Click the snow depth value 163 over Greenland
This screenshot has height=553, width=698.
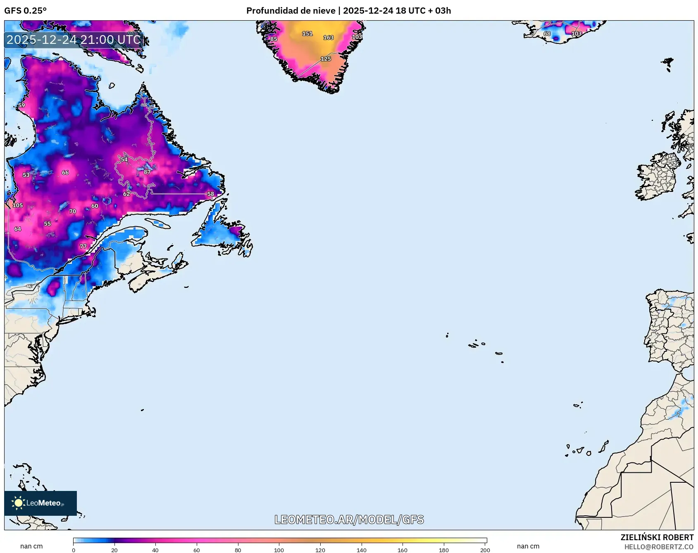tap(328, 38)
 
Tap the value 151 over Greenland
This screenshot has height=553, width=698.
tap(307, 34)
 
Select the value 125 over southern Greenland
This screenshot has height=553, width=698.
tap(326, 59)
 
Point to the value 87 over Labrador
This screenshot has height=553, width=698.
tap(147, 172)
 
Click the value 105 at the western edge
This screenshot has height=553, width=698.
tap(18, 205)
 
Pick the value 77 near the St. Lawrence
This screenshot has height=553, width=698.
tap(83, 246)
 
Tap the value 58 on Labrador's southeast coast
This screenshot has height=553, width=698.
tap(211, 194)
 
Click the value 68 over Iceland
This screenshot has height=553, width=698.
tap(547, 34)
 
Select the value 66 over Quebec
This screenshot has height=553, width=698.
tap(65, 172)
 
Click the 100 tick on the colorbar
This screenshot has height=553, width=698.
tap(279, 550)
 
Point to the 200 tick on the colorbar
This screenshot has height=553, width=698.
tap(485, 550)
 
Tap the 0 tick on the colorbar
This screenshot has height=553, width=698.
tap(74, 550)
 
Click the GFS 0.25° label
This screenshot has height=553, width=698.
tap(26, 11)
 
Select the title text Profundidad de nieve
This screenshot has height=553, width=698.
tap(291, 11)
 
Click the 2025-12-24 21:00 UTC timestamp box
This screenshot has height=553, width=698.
tap(74, 40)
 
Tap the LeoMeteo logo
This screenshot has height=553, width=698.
tap(40, 503)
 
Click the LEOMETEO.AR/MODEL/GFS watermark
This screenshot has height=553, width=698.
tap(349, 519)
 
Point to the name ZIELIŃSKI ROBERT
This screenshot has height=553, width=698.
tap(657, 537)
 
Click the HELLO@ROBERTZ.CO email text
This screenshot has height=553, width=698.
tap(659, 547)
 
